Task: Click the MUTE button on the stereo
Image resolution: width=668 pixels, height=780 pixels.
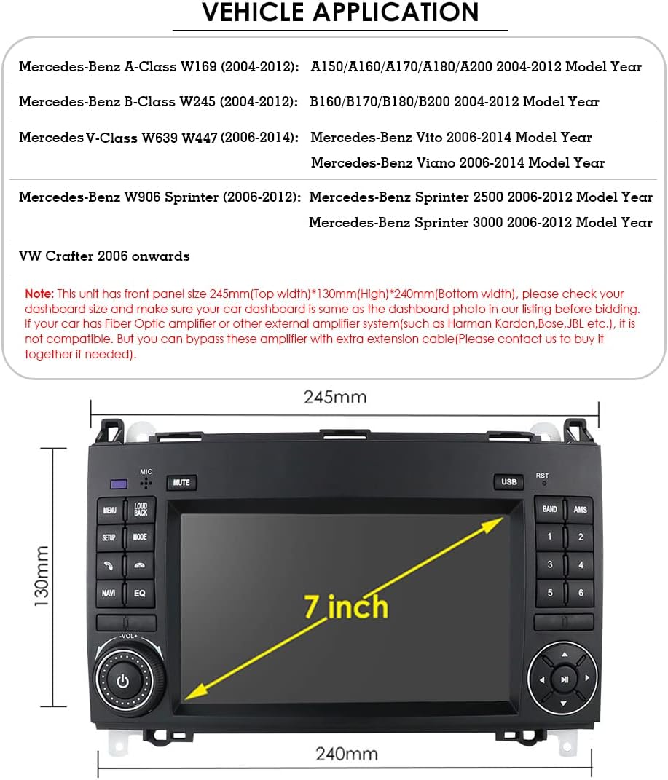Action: [x=181, y=483]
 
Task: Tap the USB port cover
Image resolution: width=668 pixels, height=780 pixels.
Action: [x=508, y=481]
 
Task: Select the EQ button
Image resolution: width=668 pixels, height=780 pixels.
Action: [x=140, y=593]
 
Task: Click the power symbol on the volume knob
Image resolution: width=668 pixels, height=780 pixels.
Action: [x=123, y=681]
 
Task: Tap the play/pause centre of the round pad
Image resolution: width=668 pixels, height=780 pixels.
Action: [x=564, y=679]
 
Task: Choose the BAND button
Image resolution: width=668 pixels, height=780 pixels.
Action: [x=549, y=509]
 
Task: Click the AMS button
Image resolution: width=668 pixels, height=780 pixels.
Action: [x=580, y=509]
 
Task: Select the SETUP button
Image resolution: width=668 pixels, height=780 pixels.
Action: [x=109, y=537]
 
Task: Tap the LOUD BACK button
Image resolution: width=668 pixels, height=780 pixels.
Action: [x=141, y=509]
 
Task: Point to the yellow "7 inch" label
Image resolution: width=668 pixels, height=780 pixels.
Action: [x=346, y=607]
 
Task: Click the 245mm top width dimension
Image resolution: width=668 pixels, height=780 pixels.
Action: [x=335, y=397]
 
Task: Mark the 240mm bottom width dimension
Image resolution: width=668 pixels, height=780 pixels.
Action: [x=347, y=754]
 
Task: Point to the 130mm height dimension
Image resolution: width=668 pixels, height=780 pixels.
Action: [x=42, y=576]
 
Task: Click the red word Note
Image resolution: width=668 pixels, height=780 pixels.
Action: [x=39, y=294]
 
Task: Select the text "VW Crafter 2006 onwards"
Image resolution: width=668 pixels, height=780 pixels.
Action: [x=104, y=256]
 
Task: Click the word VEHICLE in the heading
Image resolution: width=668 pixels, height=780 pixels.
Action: [x=254, y=12]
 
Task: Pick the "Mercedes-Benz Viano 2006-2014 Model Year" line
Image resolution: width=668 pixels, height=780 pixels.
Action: [x=457, y=162]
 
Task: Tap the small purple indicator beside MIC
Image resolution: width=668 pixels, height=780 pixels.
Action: [x=119, y=484]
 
